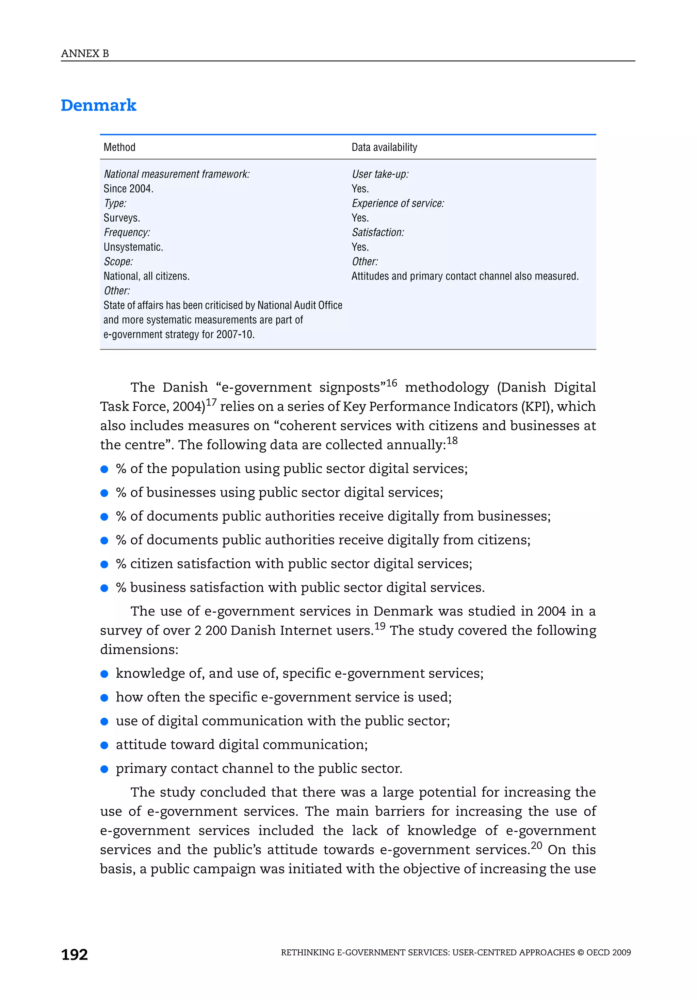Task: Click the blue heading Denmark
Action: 98,105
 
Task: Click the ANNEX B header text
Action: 85,54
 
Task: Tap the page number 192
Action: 75,954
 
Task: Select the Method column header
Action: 119,147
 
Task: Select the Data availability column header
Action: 384,147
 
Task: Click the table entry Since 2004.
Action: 129,189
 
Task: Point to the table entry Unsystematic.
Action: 133,247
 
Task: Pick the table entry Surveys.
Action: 121,218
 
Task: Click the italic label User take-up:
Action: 380,174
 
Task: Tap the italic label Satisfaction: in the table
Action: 378,233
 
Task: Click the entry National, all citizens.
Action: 146,276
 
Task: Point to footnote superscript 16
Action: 391,383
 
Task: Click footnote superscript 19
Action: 380,626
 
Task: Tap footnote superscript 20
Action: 536,845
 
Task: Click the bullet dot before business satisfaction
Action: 104,588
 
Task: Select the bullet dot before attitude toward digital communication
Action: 104,745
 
